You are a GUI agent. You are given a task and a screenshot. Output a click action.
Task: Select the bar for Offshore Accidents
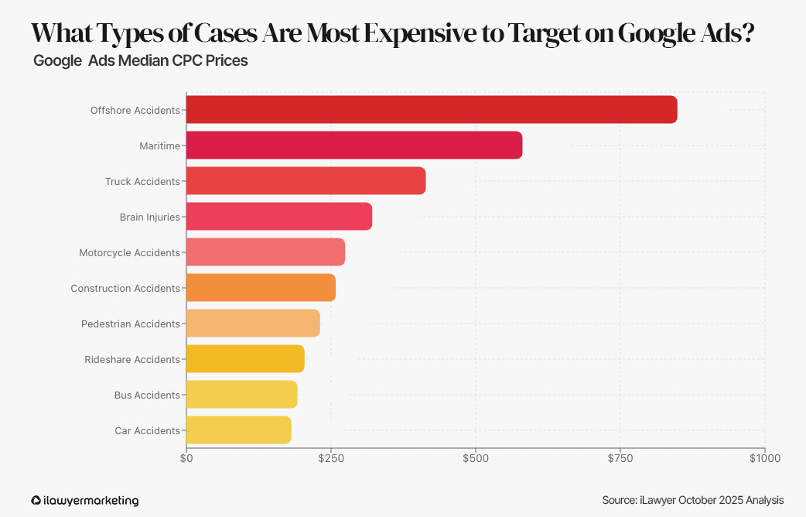click(432, 110)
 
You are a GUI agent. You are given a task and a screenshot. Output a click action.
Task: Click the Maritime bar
click(354, 146)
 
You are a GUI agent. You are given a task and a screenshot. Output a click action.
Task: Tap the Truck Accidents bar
click(306, 181)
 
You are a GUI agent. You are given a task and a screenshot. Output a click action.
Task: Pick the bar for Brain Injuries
click(278, 217)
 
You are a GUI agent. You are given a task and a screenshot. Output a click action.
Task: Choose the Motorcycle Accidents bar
click(265, 252)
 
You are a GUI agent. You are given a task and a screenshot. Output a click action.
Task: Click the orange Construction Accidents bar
click(261, 288)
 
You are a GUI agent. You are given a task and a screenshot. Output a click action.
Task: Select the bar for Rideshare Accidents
click(245, 359)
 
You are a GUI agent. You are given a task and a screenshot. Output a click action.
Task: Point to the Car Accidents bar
click(238, 430)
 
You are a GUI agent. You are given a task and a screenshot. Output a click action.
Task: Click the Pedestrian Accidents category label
click(130, 324)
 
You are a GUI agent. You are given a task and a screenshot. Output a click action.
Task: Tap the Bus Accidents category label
click(147, 395)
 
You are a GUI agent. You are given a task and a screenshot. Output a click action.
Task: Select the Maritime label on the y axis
click(159, 146)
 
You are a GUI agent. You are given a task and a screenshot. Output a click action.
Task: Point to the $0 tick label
click(186, 458)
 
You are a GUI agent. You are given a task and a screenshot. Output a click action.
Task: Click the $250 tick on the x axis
click(331, 458)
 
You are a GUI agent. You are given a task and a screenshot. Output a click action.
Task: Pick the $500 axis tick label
click(476, 458)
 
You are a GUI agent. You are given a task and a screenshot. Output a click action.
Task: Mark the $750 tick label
click(620, 458)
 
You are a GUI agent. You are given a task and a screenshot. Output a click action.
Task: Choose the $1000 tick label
click(764, 458)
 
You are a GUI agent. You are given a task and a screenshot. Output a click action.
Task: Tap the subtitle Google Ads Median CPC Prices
click(140, 60)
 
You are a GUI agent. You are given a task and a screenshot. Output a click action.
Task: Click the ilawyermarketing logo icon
click(36, 501)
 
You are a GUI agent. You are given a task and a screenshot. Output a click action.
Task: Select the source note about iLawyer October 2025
click(692, 500)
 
